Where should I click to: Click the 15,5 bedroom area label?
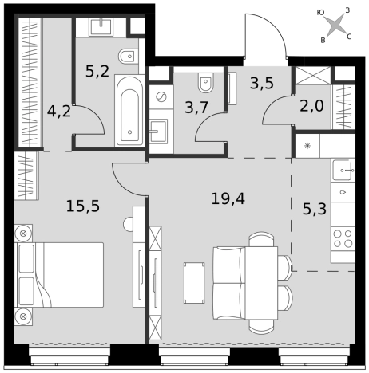[83, 206]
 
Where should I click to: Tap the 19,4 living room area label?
[228, 198]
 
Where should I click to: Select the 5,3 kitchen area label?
[315, 209]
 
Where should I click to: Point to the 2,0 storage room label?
[311, 106]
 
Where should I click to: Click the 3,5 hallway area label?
[262, 83]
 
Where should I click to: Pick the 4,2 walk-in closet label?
[59, 111]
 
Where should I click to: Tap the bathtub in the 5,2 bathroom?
[129, 111]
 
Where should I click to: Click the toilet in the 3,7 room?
[206, 81]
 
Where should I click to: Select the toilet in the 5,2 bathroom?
[128, 57]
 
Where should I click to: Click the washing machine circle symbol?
[161, 96]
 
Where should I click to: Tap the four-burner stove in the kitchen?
[343, 238]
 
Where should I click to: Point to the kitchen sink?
[343, 170]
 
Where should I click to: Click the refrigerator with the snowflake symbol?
[307, 146]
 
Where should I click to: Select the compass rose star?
[335, 26]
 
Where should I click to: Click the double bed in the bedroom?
[60, 275]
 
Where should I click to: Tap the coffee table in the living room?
[194, 283]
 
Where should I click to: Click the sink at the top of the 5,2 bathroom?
[101, 27]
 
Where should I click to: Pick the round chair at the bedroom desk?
[129, 225]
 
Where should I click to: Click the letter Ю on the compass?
[321, 13]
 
